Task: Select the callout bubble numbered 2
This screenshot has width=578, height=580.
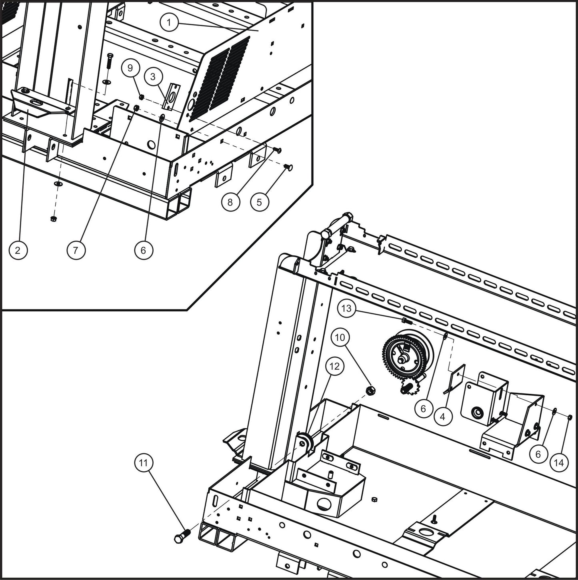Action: click(17, 251)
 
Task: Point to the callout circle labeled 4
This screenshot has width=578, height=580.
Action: click(442, 417)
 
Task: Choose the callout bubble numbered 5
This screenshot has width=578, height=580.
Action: click(259, 202)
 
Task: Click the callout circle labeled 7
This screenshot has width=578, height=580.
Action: click(76, 251)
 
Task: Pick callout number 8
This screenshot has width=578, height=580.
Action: click(230, 202)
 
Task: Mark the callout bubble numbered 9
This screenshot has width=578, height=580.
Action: click(130, 68)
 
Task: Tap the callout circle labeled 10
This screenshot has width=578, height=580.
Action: click(340, 337)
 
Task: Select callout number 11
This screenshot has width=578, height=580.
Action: click(144, 463)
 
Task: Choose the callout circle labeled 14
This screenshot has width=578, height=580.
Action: click(559, 462)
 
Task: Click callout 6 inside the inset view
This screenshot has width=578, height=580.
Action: click(144, 251)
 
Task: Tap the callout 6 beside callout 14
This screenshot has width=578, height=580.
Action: click(538, 454)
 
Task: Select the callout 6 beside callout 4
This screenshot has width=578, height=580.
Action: click(423, 408)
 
